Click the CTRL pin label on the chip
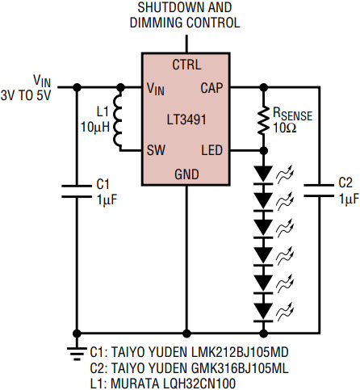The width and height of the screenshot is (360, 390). [186, 65]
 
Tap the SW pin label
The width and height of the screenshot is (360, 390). [156, 150]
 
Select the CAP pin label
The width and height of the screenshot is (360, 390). [211, 88]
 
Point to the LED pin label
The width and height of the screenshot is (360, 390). [212, 150]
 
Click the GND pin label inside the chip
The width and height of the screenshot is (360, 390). [186, 174]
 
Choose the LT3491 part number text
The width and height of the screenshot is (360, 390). [186, 120]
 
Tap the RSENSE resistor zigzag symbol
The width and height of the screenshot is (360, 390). [264, 120]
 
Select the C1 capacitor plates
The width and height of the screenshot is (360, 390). [77, 191]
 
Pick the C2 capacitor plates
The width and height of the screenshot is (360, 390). [319, 191]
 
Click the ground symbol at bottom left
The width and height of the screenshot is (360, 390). [77, 352]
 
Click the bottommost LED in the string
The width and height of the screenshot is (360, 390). [264, 312]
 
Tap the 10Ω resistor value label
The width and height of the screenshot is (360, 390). [285, 128]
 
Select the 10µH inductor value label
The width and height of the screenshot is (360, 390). [95, 127]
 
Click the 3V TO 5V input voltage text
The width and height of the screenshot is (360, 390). [26, 95]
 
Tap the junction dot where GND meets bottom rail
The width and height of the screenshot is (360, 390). [186, 333]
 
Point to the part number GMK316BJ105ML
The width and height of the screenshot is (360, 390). [240, 368]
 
